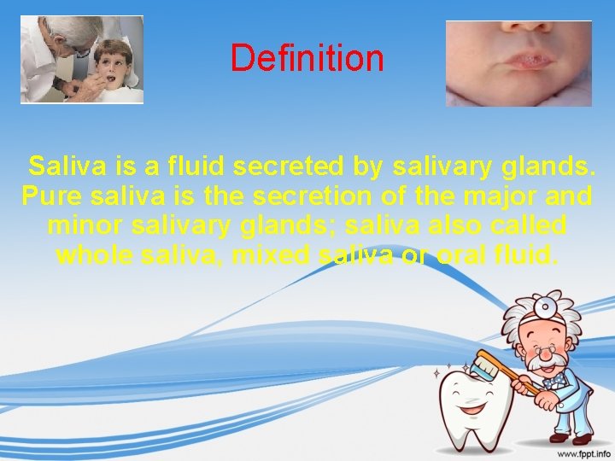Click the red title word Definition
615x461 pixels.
tap(307, 59)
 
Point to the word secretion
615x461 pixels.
tap(313, 196)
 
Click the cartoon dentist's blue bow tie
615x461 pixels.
tap(554, 376)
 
